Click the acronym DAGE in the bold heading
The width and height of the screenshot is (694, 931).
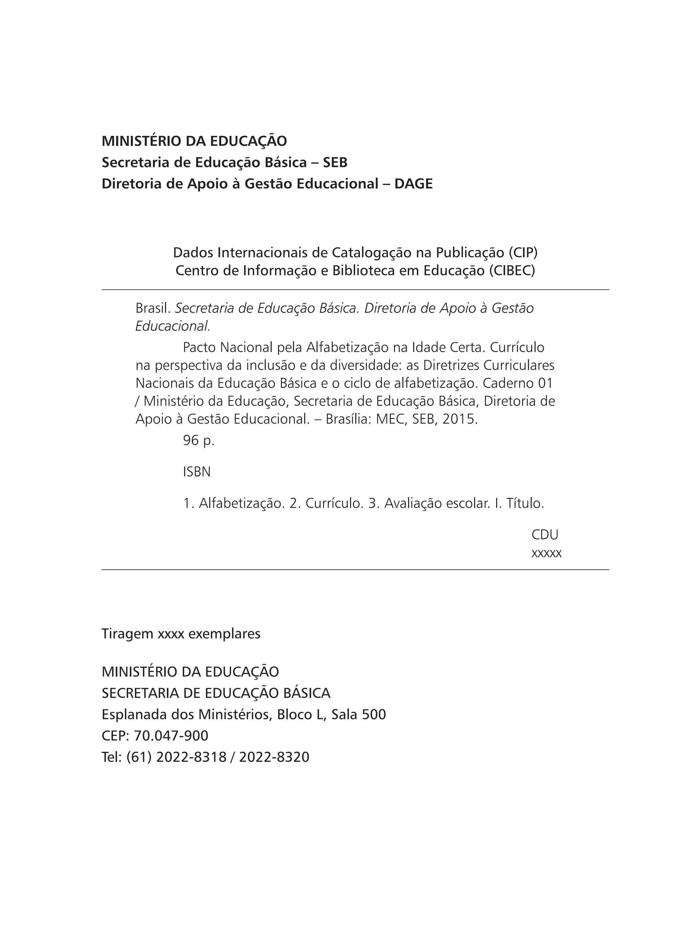(x=413, y=184)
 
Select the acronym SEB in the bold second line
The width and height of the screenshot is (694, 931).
(x=335, y=163)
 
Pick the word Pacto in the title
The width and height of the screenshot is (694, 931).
(x=200, y=348)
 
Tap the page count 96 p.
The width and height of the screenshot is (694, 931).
(x=199, y=441)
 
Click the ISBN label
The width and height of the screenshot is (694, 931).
(x=197, y=472)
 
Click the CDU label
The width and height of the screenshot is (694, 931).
(x=545, y=535)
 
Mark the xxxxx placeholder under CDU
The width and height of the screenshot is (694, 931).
(x=547, y=553)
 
